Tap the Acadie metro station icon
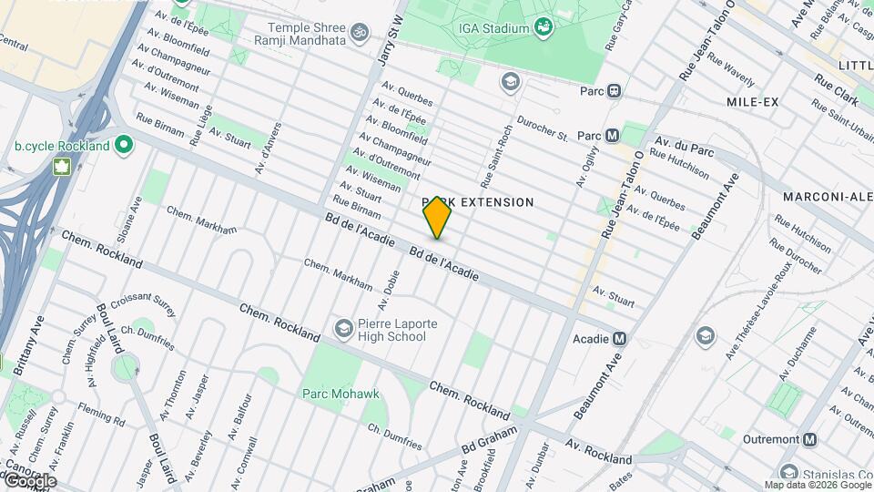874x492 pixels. (620, 338)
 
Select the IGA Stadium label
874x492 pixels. (493, 28)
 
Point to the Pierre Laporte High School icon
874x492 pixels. (343, 327)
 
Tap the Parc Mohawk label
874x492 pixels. (340, 394)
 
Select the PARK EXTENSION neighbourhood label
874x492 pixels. (478, 201)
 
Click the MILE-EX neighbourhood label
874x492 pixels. (752, 102)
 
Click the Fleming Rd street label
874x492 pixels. (101, 420)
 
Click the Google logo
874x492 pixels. (29, 481)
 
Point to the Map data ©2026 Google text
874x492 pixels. (817, 485)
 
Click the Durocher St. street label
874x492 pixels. (544, 128)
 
